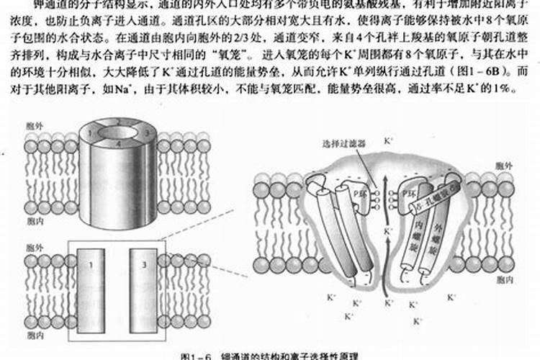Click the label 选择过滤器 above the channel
click(x=338, y=144)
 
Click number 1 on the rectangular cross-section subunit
click(x=91, y=266)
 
